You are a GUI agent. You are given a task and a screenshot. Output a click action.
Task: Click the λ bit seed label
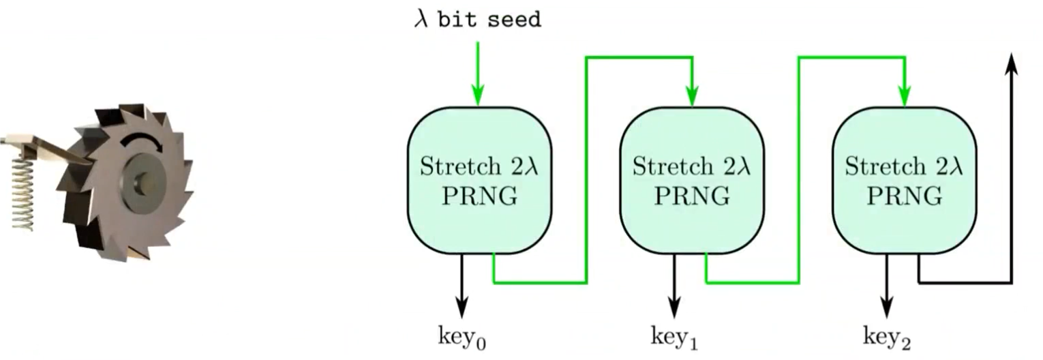tap(478, 20)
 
